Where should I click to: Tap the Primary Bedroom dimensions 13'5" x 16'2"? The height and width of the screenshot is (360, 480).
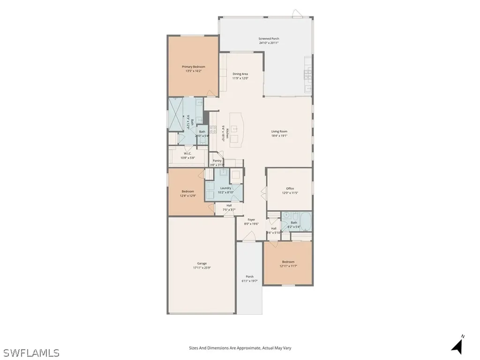(x=194, y=71)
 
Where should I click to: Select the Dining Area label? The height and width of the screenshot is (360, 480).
(x=240, y=74)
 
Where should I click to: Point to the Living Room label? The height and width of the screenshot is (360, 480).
(x=279, y=131)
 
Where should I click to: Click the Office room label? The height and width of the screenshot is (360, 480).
(x=290, y=188)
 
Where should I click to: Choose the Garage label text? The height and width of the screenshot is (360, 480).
(x=202, y=263)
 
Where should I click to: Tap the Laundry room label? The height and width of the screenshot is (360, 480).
(x=225, y=188)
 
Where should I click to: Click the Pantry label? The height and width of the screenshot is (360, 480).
(x=217, y=160)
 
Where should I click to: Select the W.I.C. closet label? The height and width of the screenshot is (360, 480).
(x=187, y=153)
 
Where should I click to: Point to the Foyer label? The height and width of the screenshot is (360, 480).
(x=252, y=219)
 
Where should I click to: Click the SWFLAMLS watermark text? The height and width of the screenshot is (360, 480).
(x=31, y=352)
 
